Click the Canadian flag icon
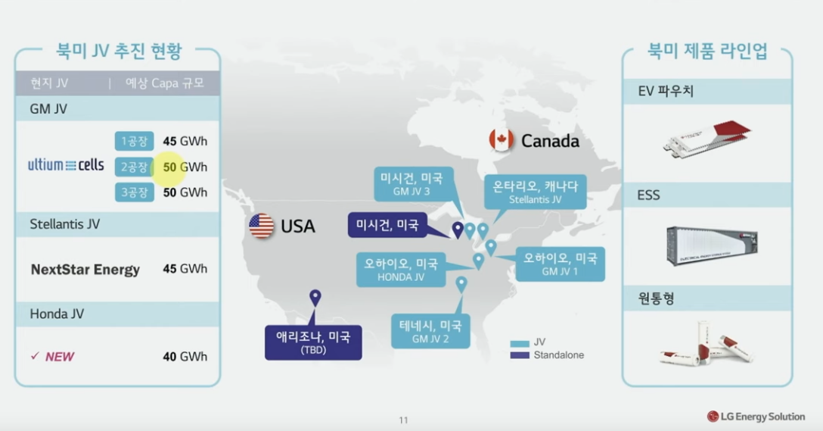point(502,140)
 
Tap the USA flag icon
point(262,226)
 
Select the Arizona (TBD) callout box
point(313,342)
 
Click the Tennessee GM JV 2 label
point(430,331)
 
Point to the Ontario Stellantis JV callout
point(535,192)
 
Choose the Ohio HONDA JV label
point(401,270)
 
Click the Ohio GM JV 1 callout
point(560,264)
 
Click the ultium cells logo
point(66,165)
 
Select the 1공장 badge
point(135,141)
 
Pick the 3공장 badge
point(135,192)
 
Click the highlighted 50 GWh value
point(185,167)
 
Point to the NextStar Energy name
point(85,270)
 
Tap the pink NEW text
point(59,357)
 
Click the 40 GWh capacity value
point(185,357)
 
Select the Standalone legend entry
point(547,355)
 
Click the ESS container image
point(712,246)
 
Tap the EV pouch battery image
point(707,139)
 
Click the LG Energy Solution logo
point(756,417)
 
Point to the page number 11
point(404,420)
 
